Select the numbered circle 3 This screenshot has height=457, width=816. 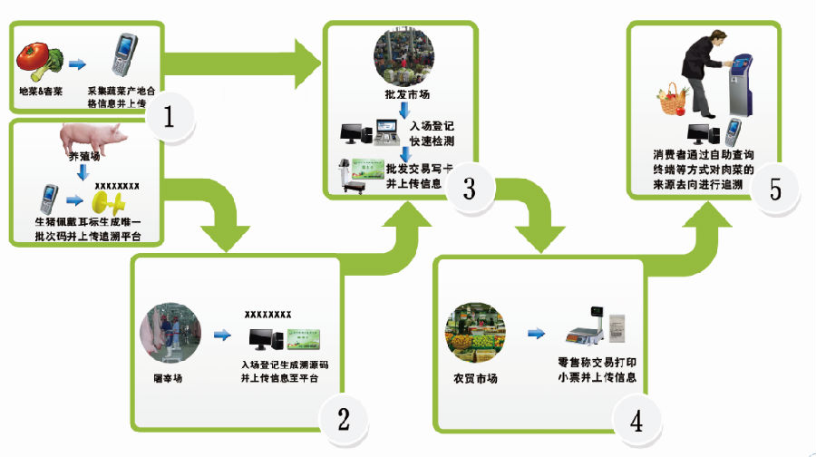[x=469, y=189]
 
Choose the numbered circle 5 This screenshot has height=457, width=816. [x=775, y=189]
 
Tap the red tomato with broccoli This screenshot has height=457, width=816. [x=38, y=60]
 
